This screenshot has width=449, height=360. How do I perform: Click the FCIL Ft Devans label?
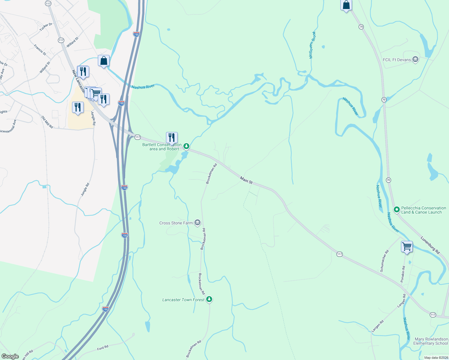click(x=396, y=60)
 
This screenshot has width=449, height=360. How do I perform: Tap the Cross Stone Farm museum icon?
click(x=197, y=223)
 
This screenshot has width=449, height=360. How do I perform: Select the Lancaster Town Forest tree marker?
click(x=209, y=299)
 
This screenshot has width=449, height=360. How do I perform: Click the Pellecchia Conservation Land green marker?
click(x=396, y=210)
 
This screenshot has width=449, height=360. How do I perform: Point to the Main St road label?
click(x=246, y=180)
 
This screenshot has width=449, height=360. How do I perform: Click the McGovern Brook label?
click(x=312, y=45)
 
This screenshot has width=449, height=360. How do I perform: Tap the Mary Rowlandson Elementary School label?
click(x=431, y=341)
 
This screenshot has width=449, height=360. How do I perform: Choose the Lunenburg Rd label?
click(x=430, y=245)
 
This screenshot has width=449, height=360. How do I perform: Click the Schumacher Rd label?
click(x=384, y=261)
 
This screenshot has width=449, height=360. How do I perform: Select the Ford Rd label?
click(x=103, y=348)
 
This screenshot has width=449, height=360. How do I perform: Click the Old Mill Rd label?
click(x=47, y=122)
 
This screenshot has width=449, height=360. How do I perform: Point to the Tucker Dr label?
click(x=46, y=27)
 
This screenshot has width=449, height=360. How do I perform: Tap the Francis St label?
click(x=40, y=50)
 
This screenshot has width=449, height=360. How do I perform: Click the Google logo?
click(x=10, y=356)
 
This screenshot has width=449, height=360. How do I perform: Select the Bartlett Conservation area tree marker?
click(x=186, y=146)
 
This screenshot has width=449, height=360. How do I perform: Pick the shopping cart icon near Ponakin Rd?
click(x=407, y=247)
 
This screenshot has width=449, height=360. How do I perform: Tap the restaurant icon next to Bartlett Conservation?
click(x=172, y=137)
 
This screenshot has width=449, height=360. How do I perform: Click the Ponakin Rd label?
click(x=403, y=274)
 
